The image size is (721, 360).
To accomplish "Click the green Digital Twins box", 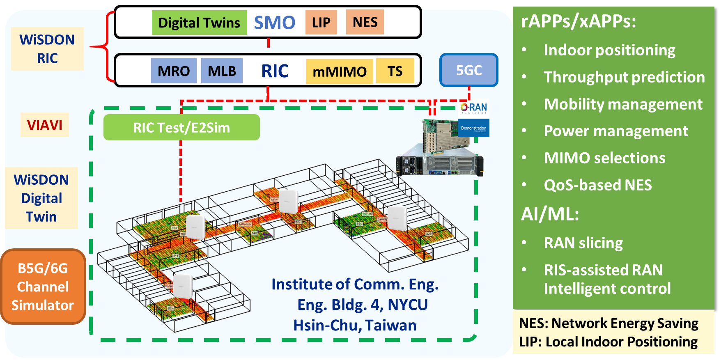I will (199, 23).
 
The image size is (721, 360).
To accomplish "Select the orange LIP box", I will (321, 22).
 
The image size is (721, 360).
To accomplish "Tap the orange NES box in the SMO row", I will (365, 22).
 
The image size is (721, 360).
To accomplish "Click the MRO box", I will (174, 71).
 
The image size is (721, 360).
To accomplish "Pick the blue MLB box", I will (222, 71).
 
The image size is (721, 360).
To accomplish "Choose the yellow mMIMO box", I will (340, 72).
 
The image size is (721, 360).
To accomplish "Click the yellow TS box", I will (395, 71).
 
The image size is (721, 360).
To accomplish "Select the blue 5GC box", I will (469, 70).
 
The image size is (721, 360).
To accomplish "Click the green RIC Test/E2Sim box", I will (181, 128).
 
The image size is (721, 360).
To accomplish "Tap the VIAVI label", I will (45, 125).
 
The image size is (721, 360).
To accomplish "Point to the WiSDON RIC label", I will (47, 49).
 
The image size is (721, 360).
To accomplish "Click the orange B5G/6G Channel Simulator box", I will (43, 287).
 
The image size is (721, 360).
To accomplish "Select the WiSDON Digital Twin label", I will (41, 198).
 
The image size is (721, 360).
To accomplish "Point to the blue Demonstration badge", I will (473, 128).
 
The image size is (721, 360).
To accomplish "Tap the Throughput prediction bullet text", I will (624, 77).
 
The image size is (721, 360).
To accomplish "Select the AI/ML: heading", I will (550, 214).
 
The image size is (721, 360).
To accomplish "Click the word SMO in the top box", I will (274, 23).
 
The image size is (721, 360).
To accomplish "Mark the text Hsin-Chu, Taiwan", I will (355, 325).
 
